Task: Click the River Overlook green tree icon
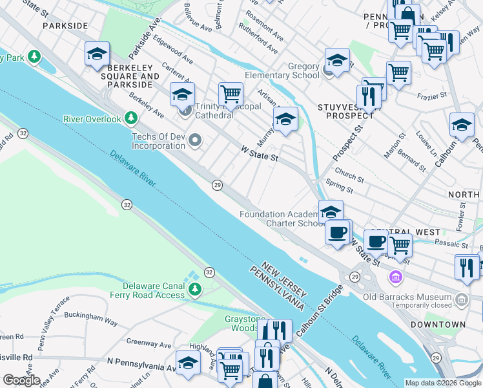pyautogui.click(x=131, y=118)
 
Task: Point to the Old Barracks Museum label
pyautogui.click(x=415, y=298)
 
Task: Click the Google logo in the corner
pyautogui.click(x=21, y=380)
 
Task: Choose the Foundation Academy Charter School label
pyautogui.click(x=281, y=219)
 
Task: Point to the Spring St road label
pyautogui.click(x=340, y=186)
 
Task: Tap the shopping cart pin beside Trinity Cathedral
pyautogui.click(x=231, y=94)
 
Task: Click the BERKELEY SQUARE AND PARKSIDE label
pyautogui.click(x=125, y=72)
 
